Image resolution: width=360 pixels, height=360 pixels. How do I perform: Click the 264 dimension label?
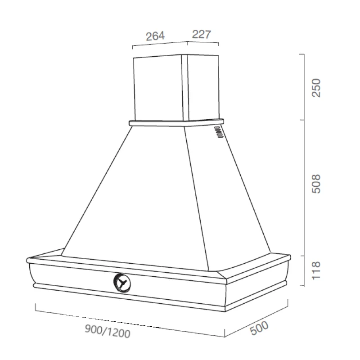(x=155, y=36)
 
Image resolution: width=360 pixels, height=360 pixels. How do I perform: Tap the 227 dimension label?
(x=201, y=34)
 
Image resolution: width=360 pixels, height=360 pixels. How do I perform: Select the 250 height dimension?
(x=316, y=88)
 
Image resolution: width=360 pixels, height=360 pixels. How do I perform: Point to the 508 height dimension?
(x=316, y=184)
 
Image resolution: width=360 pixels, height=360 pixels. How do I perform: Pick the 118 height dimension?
(x=316, y=270)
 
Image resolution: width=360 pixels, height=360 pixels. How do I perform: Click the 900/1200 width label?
(x=108, y=331)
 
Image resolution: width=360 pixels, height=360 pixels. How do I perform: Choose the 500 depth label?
(x=259, y=328)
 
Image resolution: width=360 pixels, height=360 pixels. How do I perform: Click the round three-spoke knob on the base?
(x=122, y=283)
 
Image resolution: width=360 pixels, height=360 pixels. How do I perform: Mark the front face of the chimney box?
(x=159, y=88)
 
